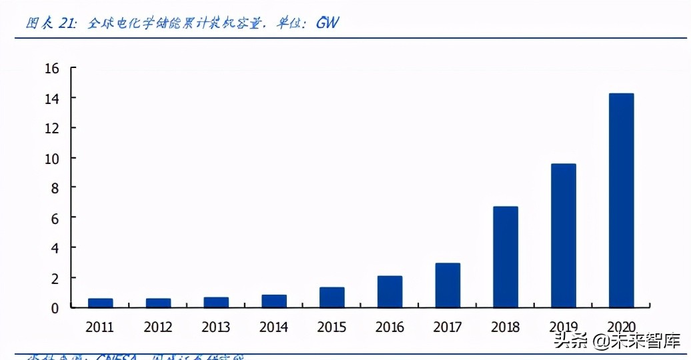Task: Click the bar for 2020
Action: [621, 201]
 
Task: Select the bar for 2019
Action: [564, 235]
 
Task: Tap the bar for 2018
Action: [506, 257]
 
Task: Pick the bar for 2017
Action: [448, 285]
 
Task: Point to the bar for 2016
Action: [390, 291]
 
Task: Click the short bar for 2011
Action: [100, 303]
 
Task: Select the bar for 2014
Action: [274, 301]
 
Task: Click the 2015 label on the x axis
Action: [331, 327]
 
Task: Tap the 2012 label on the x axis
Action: [158, 327]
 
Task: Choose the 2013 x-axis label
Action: [216, 327]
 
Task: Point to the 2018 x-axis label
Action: [506, 327]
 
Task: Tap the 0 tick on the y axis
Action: [55, 307]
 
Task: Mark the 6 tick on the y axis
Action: [55, 218]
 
